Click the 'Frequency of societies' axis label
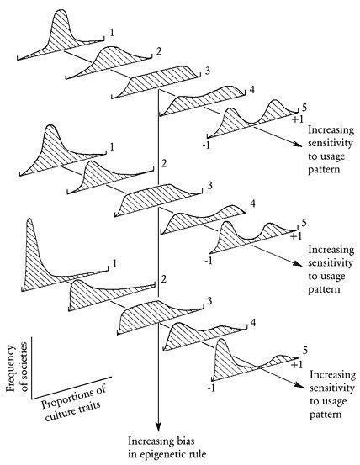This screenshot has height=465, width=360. pyautogui.click(x=17, y=367)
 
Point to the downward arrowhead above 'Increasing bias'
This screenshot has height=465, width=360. pyautogui.click(x=159, y=426)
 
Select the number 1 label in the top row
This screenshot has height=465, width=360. pyautogui.click(x=112, y=32)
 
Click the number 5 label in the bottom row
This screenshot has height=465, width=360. pyautogui.click(x=305, y=351)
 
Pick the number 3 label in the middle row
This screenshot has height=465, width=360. pyautogui.click(x=209, y=186)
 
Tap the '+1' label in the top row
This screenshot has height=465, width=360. pyautogui.click(x=298, y=119)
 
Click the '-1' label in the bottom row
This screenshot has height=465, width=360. pyautogui.click(x=211, y=388)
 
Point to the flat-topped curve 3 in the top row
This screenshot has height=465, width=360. pyautogui.click(x=156, y=82)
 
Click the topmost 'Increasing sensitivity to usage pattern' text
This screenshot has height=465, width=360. pyautogui.click(x=331, y=150)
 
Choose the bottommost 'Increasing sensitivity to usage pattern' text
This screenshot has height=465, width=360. pyautogui.click(x=332, y=394)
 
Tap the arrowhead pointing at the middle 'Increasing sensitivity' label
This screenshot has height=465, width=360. pyautogui.click(x=298, y=263)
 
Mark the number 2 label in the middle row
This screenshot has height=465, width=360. pyautogui.click(x=164, y=163)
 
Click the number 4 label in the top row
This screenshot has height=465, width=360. pyautogui.click(x=251, y=89)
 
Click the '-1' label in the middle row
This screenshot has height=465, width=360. pyautogui.click(x=209, y=261)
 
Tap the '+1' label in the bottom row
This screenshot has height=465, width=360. pyautogui.click(x=297, y=364)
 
